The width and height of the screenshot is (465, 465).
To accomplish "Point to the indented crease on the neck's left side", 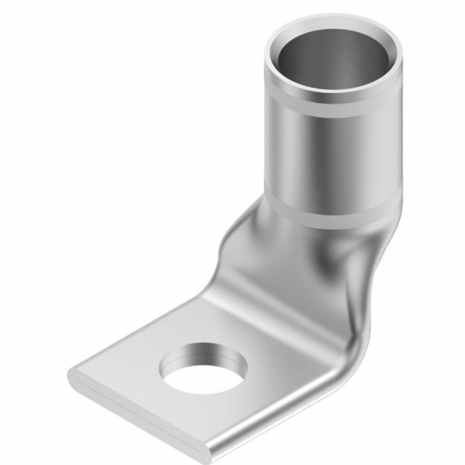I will pos(232,240).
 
